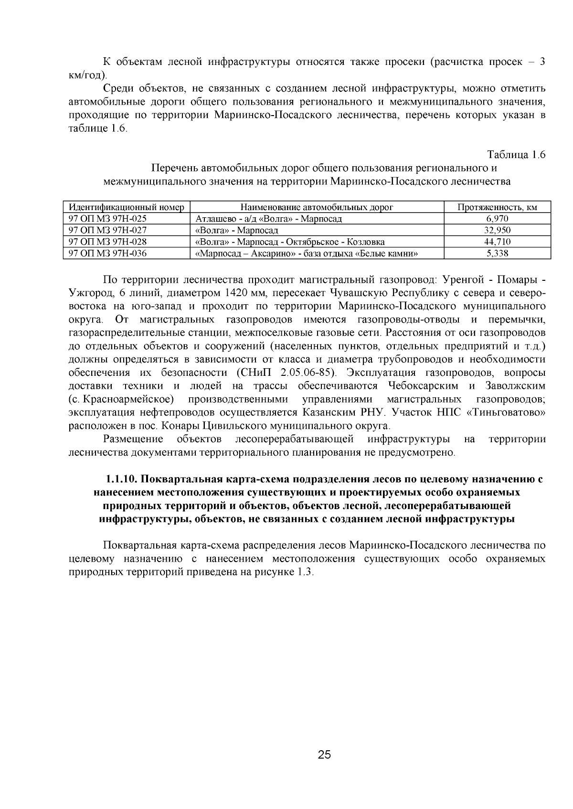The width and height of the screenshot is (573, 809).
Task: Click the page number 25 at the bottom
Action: [324, 755]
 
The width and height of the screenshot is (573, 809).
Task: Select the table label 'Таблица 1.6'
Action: [516, 155]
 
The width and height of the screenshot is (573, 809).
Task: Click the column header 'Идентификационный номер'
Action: [127, 207]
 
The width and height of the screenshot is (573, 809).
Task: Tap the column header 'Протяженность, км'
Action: [497, 207]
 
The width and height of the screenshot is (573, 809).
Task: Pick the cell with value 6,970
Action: [497, 219]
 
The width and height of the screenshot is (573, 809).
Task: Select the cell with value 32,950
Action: [497, 230]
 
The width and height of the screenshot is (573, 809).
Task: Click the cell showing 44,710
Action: [497, 242]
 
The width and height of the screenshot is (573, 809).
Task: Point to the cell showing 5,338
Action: [497, 254]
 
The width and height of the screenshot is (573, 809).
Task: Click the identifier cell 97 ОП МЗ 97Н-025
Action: [108, 219]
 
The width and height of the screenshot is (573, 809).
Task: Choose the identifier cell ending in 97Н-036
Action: [108, 254]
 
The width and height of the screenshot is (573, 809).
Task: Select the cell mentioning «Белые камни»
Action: [307, 254]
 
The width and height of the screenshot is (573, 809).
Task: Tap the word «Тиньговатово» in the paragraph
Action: [507, 413]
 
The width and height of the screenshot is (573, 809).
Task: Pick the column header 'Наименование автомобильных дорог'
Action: [317, 207]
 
